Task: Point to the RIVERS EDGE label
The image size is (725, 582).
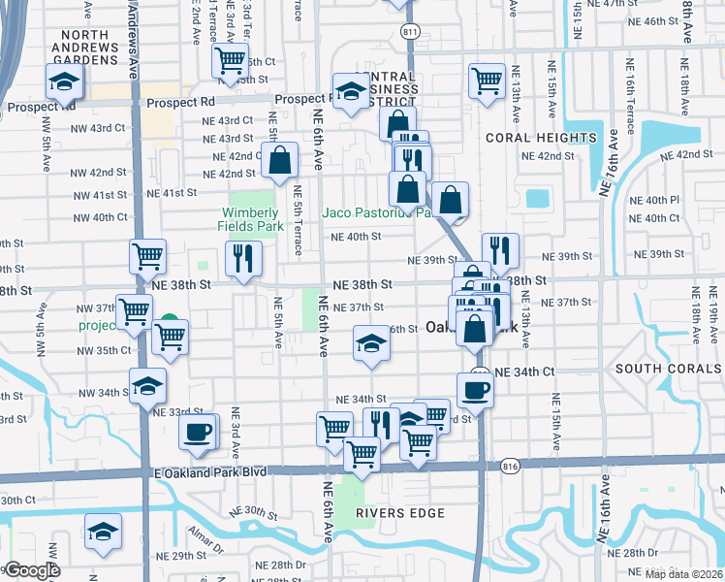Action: click(x=392, y=511)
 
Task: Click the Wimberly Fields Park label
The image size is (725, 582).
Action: click(x=251, y=220)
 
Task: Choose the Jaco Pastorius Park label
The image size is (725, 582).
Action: click(x=375, y=212)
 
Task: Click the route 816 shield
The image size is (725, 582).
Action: click(x=510, y=467)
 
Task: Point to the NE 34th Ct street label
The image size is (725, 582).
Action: click(x=524, y=372)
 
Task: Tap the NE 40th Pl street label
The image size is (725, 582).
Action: click(x=654, y=200)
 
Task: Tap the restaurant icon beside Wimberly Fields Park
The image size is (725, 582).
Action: click(x=242, y=258)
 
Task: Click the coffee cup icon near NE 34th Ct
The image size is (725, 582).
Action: click(x=474, y=390)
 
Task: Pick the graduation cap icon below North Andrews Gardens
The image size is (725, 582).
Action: click(x=65, y=81)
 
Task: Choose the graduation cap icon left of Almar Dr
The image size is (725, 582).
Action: click(x=103, y=533)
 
